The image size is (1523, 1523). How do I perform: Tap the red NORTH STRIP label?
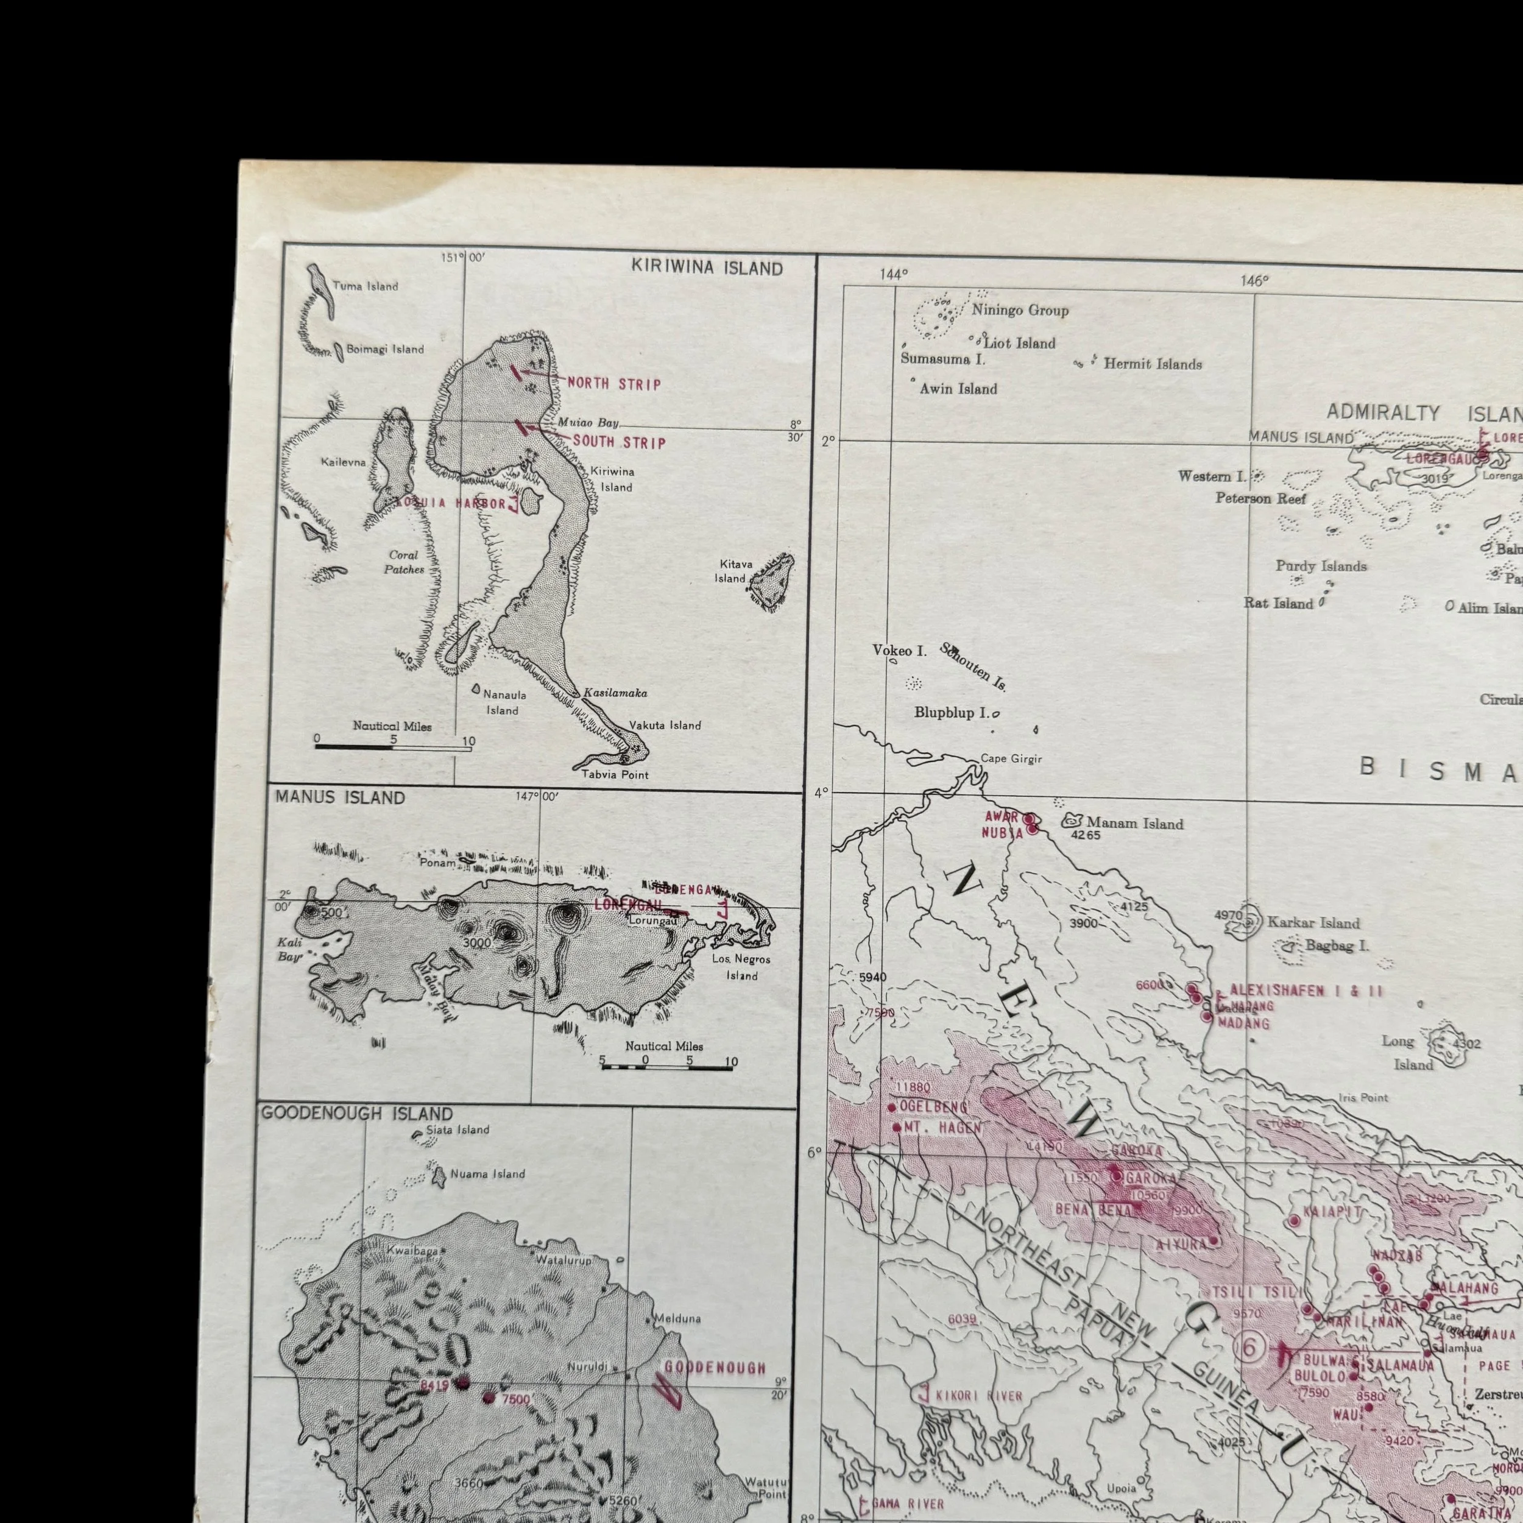tap(614, 384)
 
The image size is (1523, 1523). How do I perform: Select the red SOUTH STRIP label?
tap(619, 442)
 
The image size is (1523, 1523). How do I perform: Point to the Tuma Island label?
tap(365, 286)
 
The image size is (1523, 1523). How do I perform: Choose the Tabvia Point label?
tap(614, 774)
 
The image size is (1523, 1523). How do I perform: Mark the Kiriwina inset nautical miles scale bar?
tap(392, 746)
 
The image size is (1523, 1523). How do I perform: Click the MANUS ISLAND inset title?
tap(340, 798)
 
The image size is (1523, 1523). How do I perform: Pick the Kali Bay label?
tap(289, 949)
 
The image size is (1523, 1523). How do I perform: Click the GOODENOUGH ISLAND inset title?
tap(357, 1113)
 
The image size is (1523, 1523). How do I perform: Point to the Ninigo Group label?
tap(1019, 311)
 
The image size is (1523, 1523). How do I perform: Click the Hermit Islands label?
tap(1152, 364)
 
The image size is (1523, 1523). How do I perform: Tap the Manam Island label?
tap(1134, 824)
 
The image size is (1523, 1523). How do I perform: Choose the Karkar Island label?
tap(1313, 922)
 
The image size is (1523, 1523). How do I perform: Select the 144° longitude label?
tap(894, 274)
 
